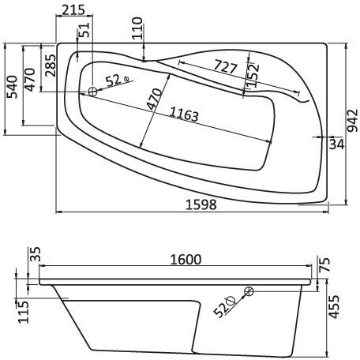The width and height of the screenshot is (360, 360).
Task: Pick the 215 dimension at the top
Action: [x=72, y=9]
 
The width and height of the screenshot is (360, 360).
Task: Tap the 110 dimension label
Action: [x=138, y=31]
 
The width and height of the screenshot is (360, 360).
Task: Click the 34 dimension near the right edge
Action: [x=336, y=144]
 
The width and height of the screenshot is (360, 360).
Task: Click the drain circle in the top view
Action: [x=92, y=92]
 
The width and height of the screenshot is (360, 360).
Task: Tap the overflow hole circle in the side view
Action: [x=249, y=292]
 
